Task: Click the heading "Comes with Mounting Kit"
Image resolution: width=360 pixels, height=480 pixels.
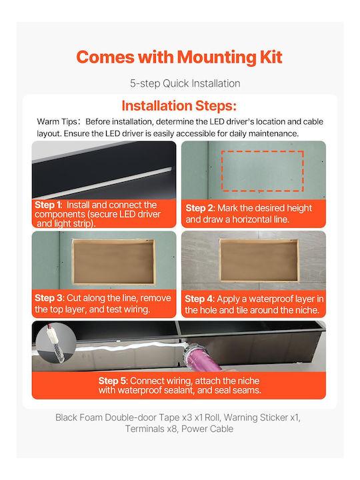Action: (x=179, y=57)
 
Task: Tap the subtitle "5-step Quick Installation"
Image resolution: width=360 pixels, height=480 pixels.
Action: (x=185, y=83)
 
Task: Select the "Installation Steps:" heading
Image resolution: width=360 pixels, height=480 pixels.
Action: (x=179, y=105)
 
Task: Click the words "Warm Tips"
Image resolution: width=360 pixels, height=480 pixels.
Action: (x=57, y=121)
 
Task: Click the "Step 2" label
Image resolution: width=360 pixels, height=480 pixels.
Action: (x=200, y=208)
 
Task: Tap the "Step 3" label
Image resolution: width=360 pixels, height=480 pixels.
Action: (x=49, y=298)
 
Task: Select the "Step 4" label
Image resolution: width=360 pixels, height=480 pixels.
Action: (x=199, y=299)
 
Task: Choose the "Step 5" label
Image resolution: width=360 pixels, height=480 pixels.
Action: (x=113, y=381)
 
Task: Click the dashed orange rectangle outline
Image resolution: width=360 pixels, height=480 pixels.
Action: (x=263, y=151)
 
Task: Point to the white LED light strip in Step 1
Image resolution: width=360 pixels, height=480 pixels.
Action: (x=104, y=183)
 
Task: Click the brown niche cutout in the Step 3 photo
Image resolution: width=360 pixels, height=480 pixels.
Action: (x=113, y=262)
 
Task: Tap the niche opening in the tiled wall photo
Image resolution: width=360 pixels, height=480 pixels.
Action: (x=259, y=260)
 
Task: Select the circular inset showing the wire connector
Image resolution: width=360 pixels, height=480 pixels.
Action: (x=56, y=343)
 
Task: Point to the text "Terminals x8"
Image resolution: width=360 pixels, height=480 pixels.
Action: (x=151, y=429)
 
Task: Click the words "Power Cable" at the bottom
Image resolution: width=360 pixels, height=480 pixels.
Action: (x=207, y=429)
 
